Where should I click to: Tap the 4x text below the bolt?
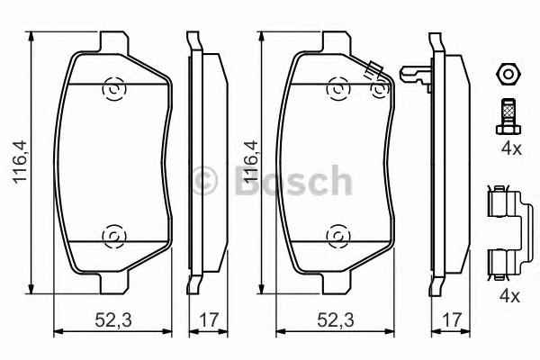pyautogui.click(x=510, y=149)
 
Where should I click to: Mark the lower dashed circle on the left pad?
pyautogui.click(x=114, y=236)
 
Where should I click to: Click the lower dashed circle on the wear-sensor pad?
pyautogui.click(x=337, y=236)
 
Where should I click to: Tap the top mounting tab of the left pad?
pyautogui.click(x=114, y=42)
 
